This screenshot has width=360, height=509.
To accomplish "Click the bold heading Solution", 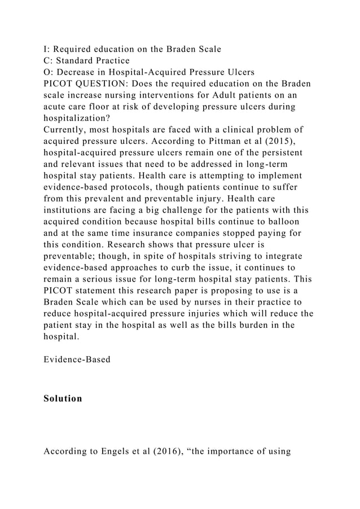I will (x=63, y=398).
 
